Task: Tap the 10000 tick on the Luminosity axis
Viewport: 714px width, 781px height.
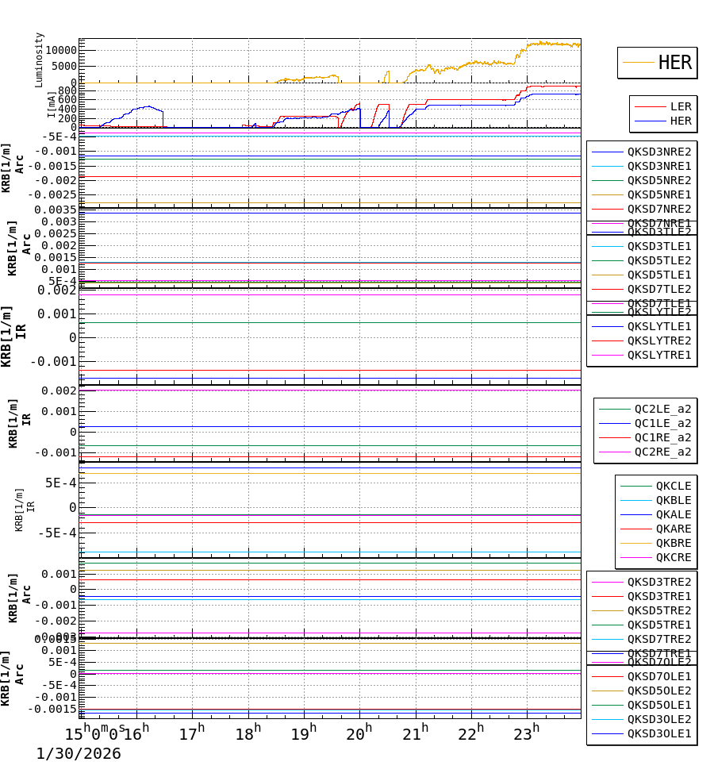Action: [61, 50]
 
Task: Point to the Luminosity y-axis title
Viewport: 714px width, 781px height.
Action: [40, 60]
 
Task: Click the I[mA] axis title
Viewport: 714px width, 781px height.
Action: [52, 105]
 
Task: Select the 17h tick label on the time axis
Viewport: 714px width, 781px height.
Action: [192, 733]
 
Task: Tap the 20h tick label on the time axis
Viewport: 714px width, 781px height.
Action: [359, 733]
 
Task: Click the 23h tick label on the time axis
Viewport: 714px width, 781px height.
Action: [526, 733]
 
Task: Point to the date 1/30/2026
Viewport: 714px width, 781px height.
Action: [79, 754]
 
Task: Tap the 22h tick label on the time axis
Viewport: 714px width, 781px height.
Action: [470, 733]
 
